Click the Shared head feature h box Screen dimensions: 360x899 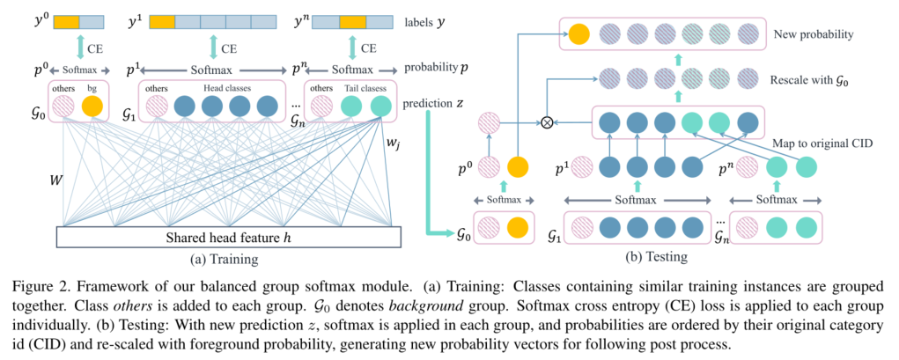[228, 238]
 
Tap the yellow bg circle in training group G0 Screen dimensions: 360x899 [92, 107]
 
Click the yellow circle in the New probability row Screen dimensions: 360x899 [578, 35]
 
